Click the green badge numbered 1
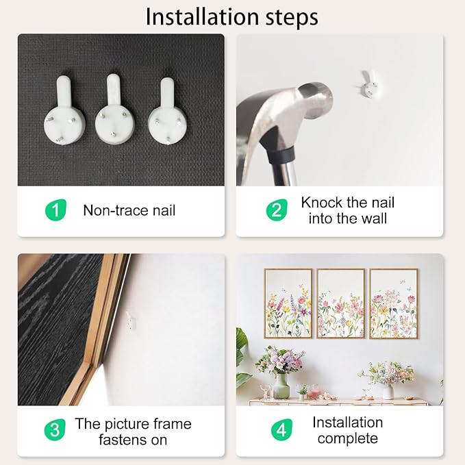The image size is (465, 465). pyautogui.click(x=55, y=210)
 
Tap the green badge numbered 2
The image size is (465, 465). pyautogui.click(x=277, y=210)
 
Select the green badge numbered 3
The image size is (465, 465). pyautogui.click(x=55, y=429)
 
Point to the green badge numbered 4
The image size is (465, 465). pyautogui.click(x=281, y=429)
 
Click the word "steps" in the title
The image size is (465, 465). pyautogui.click(x=292, y=18)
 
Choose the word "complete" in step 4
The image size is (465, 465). pyautogui.click(x=348, y=438)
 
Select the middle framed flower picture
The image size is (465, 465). pyautogui.click(x=341, y=303)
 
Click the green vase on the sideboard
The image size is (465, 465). pyautogui.click(x=281, y=386)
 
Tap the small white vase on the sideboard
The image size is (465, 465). pyautogui.click(x=388, y=392)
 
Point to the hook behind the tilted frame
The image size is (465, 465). pyautogui.click(x=131, y=321)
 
